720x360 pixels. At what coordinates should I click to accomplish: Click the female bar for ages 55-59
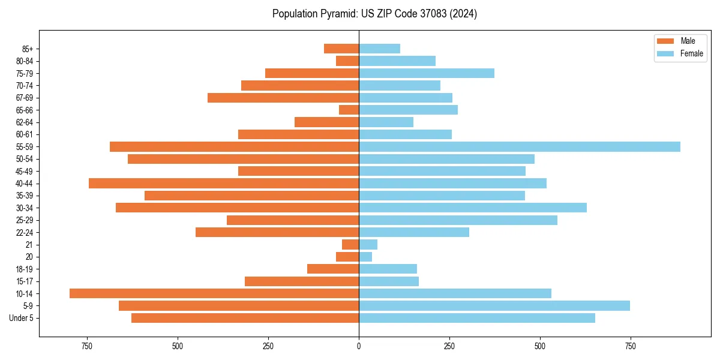[520, 146]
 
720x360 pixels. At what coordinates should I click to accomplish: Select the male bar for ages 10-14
[214, 293]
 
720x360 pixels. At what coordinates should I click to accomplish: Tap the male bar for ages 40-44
[224, 183]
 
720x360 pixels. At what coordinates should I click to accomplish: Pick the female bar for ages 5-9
[494, 305]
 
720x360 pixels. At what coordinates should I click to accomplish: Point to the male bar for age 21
[350, 244]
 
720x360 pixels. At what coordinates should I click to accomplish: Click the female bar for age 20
[365, 257]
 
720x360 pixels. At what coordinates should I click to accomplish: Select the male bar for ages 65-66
[349, 110]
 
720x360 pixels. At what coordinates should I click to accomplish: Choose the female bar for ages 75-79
[427, 73]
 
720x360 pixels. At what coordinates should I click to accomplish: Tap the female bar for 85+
[379, 49]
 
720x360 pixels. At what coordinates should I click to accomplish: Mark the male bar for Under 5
[245, 318]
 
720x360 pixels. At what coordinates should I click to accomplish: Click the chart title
[374, 14]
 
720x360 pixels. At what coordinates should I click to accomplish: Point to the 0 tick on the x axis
[359, 346]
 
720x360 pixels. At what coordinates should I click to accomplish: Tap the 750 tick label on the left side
[87, 346]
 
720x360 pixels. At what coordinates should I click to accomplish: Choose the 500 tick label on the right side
[540, 346]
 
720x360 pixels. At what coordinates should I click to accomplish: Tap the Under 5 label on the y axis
[22, 318]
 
